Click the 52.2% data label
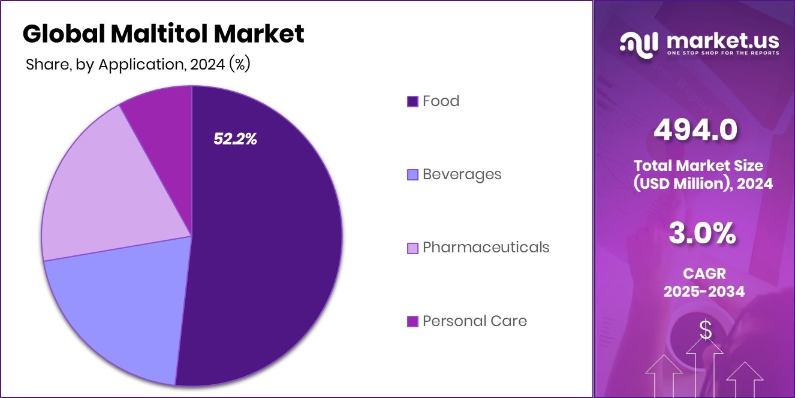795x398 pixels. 235,139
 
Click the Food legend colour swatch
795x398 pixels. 412,101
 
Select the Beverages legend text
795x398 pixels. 462,174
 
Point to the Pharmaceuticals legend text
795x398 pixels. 486,248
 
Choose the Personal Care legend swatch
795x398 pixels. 412,321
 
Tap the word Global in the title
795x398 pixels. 63,34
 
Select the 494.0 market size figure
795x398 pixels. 695,130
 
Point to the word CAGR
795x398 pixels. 704,274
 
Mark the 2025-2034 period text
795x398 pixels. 704,292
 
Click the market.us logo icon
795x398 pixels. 639,44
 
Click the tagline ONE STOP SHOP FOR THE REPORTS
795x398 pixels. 723,53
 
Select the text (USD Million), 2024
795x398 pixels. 704,183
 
